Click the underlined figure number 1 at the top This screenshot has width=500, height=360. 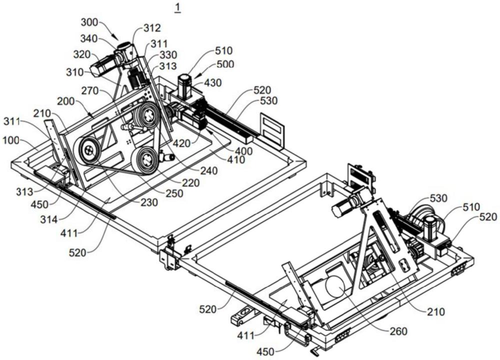177,7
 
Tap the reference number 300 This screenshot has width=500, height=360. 90,22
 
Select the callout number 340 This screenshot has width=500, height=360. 89,38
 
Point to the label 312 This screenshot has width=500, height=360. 152,28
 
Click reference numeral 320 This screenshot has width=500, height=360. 82,54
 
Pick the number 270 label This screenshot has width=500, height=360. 90,91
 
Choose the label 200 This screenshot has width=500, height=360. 66,101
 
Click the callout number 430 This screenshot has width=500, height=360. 212,82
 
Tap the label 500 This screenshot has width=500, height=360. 225,64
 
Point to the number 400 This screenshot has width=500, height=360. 243,150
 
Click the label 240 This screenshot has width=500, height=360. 209,170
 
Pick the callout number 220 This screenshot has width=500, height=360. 191,182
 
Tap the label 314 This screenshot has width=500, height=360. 49,219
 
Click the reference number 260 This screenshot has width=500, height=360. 398,331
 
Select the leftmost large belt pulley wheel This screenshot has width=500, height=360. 89,150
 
